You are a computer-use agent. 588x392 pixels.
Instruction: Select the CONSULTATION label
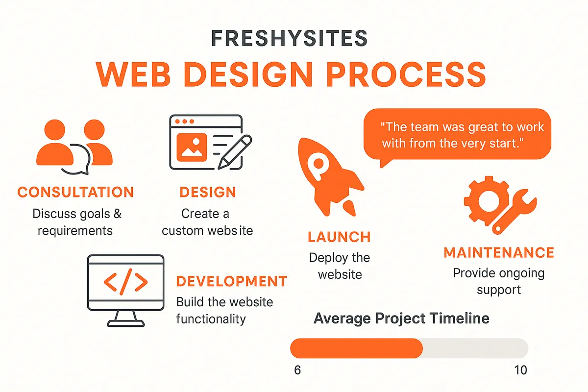(x=75, y=192)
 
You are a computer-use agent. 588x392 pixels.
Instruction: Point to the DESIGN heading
(x=208, y=192)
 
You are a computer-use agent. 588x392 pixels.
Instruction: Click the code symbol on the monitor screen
(x=125, y=282)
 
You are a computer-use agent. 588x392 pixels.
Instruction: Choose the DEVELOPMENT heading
(x=231, y=281)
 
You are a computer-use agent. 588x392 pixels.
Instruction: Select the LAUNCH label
(x=339, y=237)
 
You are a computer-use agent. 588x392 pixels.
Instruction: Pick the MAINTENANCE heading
(x=499, y=253)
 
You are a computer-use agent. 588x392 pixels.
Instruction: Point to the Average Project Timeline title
(x=401, y=318)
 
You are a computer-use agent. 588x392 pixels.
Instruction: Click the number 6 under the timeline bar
(x=297, y=370)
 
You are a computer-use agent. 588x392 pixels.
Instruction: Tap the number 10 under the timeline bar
(x=521, y=370)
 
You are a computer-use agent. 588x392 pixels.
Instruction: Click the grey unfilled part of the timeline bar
(x=474, y=348)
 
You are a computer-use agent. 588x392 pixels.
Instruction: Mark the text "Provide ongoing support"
(x=499, y=281)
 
